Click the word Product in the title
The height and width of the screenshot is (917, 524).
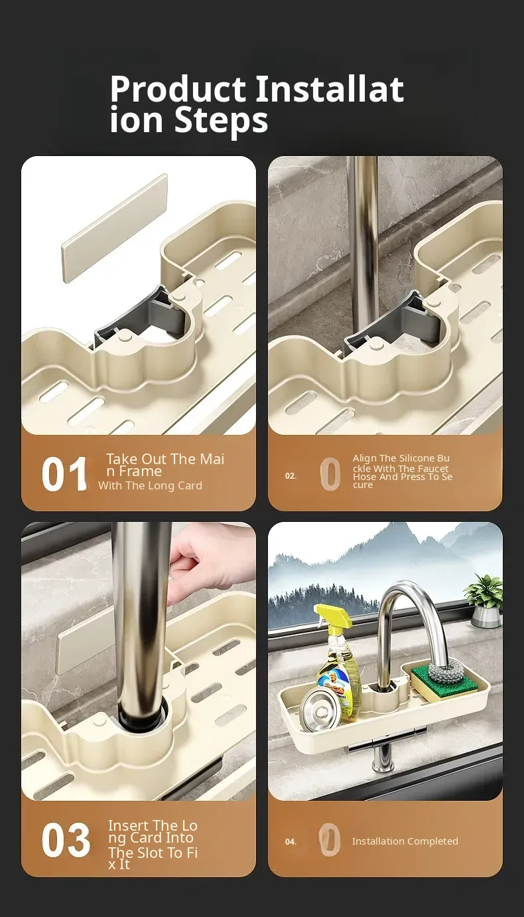coord(178,90)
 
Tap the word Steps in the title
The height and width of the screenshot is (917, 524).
coord(222,121)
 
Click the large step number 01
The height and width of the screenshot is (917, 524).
coord(64,474)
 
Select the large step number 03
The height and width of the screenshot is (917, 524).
coord(66,841)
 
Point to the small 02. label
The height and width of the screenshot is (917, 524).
coord(291,475)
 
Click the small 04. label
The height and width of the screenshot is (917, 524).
coord(291,842)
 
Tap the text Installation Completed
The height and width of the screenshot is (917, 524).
coord(405,841)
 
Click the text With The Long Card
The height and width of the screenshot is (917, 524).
coord(150,485)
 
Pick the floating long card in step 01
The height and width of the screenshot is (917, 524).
coord(115,228)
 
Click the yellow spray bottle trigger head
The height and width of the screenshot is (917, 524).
coord(333,619)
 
